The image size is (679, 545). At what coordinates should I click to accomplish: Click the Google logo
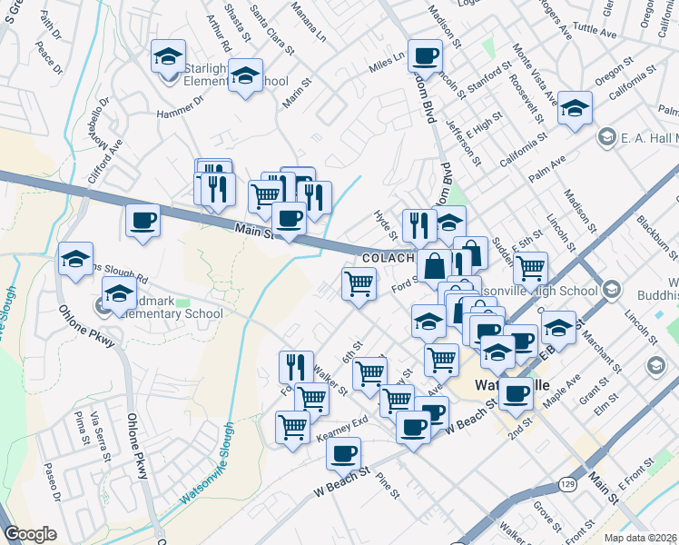[x=31, y=534]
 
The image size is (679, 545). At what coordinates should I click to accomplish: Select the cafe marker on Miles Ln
[x=425, y=56]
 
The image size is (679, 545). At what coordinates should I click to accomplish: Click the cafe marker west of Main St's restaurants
[x=143, y=221]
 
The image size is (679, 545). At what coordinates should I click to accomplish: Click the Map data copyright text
[x=640, y=538]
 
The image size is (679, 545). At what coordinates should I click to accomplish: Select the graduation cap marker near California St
[x=574, y=108]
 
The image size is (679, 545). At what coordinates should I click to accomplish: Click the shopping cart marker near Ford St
[x=359, y=284]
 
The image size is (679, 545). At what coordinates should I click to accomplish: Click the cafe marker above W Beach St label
[x=343, y=453]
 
